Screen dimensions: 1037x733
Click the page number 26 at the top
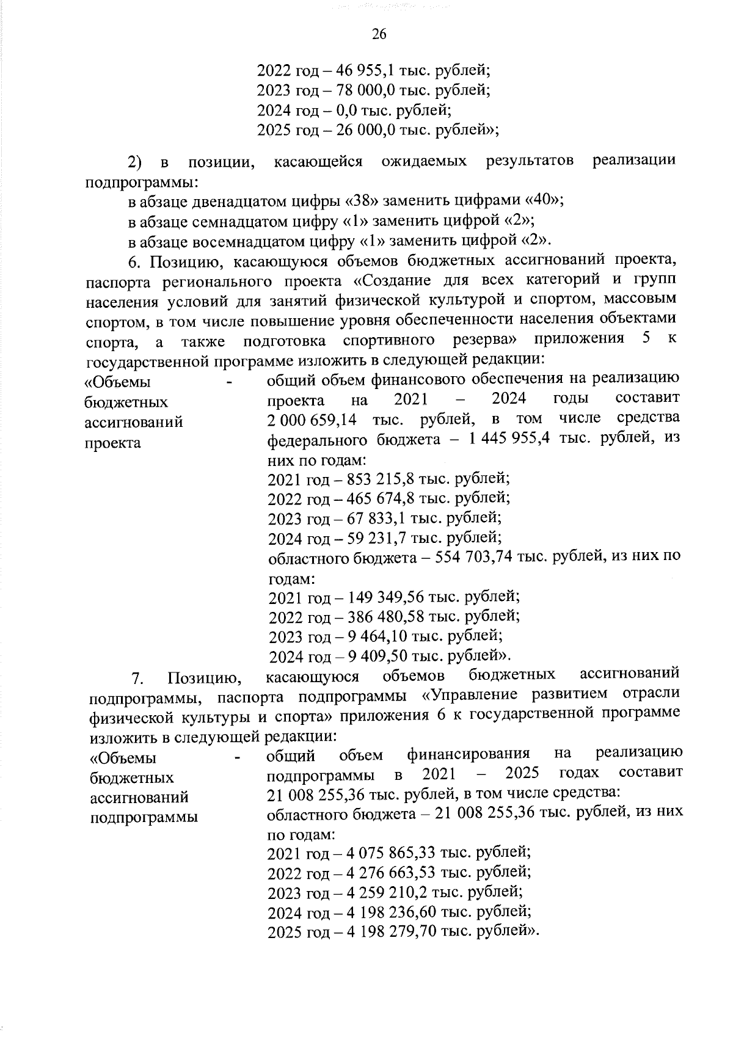(x=379, y=34)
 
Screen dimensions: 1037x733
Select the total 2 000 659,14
(x=313, y=421)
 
